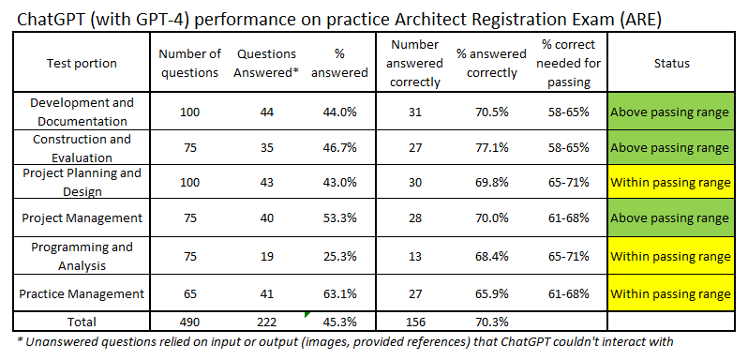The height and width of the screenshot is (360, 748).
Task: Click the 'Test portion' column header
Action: (82, 64)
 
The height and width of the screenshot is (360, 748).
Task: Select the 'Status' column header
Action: (670, 64)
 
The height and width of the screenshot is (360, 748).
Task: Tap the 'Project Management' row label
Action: (82, 218)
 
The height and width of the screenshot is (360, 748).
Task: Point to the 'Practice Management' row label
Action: (82, 293)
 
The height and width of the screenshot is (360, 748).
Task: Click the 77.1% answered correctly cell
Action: (481, 147)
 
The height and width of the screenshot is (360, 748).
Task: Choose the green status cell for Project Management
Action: (670, 218)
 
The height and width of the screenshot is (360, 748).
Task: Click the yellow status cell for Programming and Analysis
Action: (670, 256)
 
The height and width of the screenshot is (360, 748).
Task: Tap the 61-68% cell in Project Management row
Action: (565, 218)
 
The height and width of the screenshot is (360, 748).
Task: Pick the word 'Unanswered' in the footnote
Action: (67, 341)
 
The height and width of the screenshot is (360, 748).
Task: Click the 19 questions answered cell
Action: (266, 256)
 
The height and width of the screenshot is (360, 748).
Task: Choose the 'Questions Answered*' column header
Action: (266, 64)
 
